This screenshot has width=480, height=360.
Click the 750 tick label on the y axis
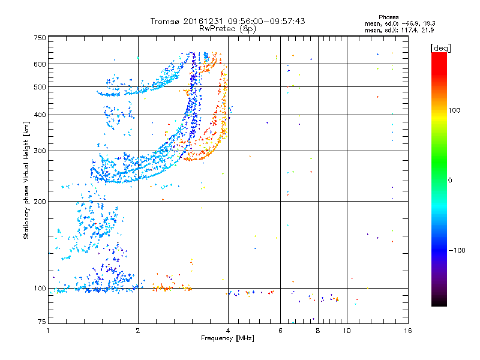(x=40, y=37)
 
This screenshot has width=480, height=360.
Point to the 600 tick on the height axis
(x=40, y=64)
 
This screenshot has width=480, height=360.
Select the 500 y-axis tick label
(x=40, y=86)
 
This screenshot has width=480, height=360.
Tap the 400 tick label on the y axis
(x=40, y=115)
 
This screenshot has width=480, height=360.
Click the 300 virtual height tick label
(x=40, y=151)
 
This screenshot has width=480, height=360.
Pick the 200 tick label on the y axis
(x=40, y=201)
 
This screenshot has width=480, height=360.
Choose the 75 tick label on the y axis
(x=41, y=322)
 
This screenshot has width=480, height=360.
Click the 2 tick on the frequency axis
(x=138, y=330)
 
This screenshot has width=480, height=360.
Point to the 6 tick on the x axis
(x=281, y=330)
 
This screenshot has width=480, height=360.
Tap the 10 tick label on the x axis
(x=347, y=330)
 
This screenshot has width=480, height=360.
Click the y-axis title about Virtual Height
(x=26, y=180)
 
